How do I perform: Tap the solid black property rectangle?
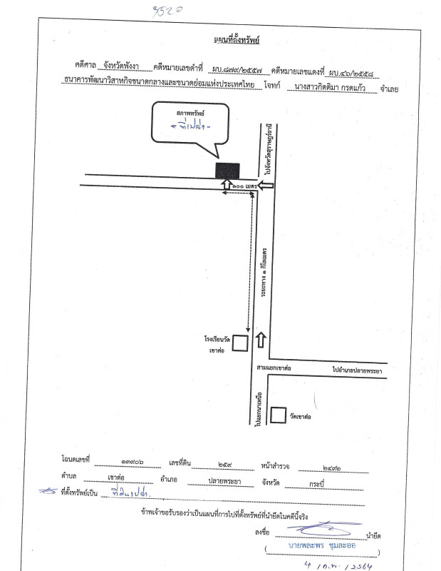click(x=227, y=171)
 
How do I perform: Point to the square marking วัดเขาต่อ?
click(x=278, y=415)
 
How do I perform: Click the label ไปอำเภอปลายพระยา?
click(x=356, y=370)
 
